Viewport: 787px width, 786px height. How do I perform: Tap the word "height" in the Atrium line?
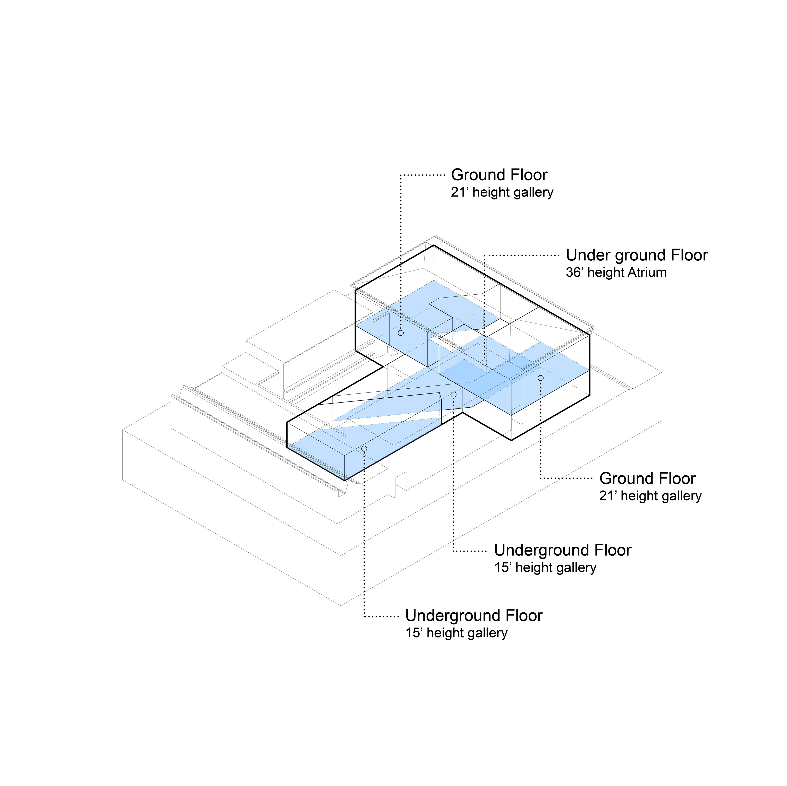(606, 273)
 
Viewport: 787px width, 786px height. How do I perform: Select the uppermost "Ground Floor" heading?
(499, 175)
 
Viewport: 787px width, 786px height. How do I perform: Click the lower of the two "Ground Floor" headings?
(647, 479)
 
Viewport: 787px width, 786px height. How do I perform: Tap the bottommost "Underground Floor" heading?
(474, 616)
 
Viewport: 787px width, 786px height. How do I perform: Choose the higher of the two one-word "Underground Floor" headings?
(563, 550)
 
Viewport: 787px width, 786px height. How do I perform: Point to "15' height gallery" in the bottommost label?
(456, 633)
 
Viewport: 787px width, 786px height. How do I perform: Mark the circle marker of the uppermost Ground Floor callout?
(401, 333)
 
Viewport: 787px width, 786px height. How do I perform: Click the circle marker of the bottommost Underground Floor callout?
(364, 449)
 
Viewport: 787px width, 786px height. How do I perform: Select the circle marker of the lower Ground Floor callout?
(541, 378)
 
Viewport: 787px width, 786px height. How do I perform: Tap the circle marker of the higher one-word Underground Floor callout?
(454, 394)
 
